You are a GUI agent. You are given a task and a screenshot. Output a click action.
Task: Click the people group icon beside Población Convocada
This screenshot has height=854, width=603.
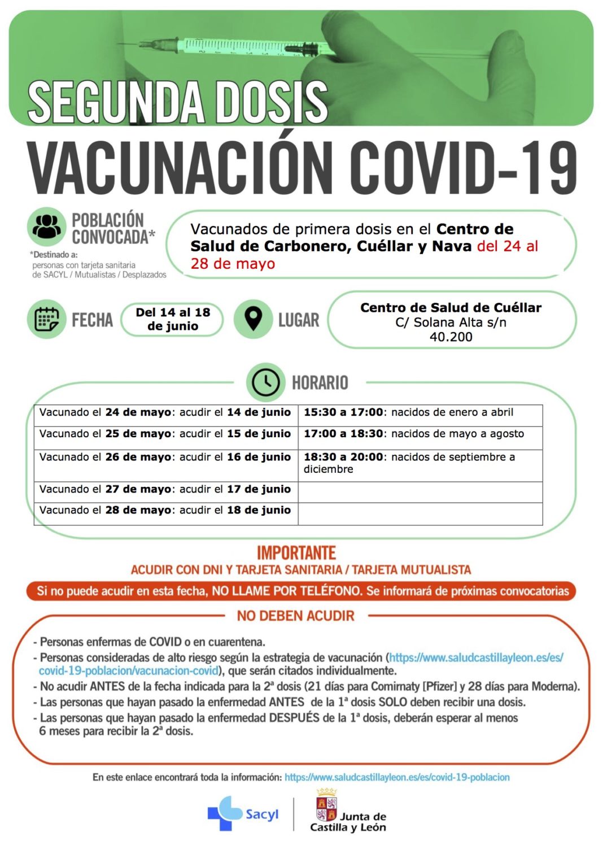coord(46,227)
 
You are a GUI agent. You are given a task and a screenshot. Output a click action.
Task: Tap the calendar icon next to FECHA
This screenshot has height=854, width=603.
coord(46,319)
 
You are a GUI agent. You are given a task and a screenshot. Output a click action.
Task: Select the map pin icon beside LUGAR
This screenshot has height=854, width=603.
coord(254,319)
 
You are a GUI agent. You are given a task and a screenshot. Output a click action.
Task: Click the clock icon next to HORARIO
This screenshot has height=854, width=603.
coord(265,382)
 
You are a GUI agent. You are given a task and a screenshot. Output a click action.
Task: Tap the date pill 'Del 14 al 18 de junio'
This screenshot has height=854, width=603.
coord(173,319)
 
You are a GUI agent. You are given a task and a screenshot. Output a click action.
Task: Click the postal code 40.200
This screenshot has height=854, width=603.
coord(451,337)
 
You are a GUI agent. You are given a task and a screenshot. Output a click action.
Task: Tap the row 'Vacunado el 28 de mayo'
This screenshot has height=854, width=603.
coord(165,511)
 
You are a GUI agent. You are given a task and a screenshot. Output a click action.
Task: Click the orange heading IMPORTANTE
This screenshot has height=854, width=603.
coord(296,552)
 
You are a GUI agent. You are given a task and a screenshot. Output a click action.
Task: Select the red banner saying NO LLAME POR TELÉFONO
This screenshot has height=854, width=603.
coord(301,591)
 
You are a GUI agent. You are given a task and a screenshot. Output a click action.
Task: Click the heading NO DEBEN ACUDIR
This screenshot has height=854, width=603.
coord(296,616)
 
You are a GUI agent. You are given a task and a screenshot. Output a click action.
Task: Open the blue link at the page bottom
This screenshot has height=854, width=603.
coord(397,778)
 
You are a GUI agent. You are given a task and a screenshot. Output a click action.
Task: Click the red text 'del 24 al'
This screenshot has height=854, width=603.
coord(508,246)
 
